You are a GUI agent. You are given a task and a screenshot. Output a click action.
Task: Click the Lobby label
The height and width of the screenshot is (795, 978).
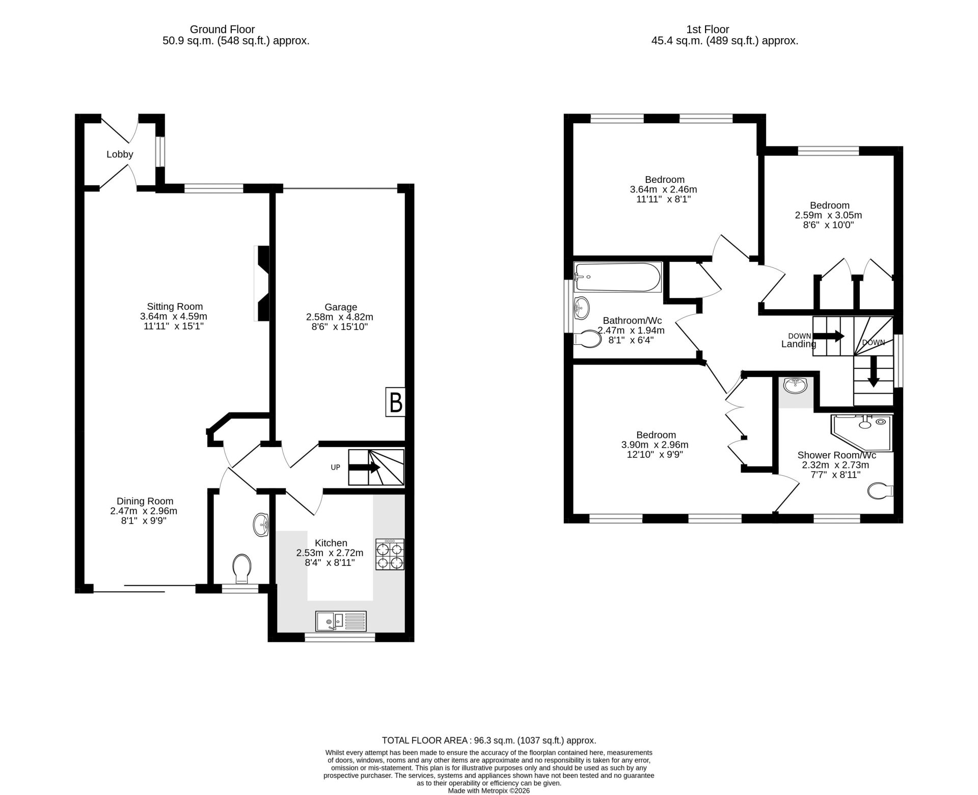coord(120,154)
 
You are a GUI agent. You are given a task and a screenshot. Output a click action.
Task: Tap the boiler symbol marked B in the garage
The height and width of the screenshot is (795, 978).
coord(395,403)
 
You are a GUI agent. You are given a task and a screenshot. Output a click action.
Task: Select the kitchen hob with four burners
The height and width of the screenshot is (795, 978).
coord(390,554)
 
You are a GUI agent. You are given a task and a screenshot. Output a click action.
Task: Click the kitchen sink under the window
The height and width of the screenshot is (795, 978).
coord(341,621)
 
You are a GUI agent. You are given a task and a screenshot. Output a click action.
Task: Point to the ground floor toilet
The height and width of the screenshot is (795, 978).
coord(241,568)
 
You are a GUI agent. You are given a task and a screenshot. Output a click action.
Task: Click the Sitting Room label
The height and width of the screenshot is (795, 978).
coord(175,307)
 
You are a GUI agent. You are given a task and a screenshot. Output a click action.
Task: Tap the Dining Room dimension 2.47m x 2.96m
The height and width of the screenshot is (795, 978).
coord(144,511)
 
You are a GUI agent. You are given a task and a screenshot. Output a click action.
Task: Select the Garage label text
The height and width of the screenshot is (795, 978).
coord(341,307)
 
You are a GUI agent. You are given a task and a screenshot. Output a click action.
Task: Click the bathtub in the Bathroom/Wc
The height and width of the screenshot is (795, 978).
coord(617,277)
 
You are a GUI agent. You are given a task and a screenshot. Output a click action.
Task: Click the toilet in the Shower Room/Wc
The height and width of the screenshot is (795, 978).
coord(880,491)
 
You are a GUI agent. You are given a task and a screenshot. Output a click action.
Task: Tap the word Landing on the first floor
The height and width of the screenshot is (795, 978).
coord(798,344)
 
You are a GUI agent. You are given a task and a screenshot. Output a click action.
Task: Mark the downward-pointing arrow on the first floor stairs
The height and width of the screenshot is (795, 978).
coord(874,371)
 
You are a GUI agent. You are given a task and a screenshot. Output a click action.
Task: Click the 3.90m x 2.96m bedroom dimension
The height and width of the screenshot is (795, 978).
coord(655,445)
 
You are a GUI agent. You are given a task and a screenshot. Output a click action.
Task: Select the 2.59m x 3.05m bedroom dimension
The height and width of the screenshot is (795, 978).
coord(828,215)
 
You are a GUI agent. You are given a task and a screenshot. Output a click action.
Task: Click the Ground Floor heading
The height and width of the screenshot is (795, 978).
coord(222,30)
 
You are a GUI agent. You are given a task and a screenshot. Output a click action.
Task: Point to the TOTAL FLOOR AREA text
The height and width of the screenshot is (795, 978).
coord(489,741)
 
